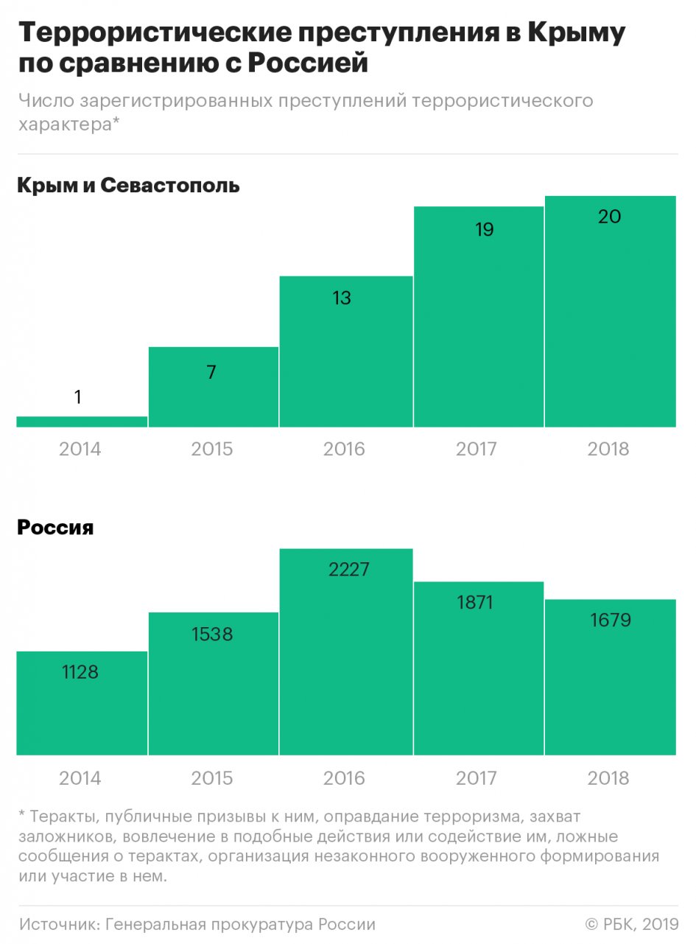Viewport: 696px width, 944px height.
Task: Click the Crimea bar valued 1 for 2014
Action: tap(81, 422)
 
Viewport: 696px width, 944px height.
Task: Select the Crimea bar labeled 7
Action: tap(213, 398)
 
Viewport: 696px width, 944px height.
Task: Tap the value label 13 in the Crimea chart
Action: tap(342, 298)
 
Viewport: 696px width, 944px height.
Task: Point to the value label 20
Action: tap(610, 217)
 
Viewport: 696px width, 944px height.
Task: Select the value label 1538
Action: tap(212, 633)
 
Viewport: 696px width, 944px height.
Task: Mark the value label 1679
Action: tap(610, 620)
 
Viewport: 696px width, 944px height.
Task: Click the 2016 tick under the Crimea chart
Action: tap(344, 450)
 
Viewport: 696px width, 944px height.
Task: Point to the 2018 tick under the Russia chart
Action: tap(608, 778)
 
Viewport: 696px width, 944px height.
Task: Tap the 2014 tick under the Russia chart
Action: tap(80, 778)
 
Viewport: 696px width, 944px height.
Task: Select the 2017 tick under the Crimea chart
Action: tap(477, 450)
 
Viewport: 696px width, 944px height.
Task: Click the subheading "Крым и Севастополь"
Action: tap(128, 185)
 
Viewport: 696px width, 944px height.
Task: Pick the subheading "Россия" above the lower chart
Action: tap(55, 528)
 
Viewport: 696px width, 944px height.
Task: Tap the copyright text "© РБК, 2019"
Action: tap(631, 924)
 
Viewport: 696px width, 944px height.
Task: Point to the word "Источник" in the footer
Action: tap(59, 924)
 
